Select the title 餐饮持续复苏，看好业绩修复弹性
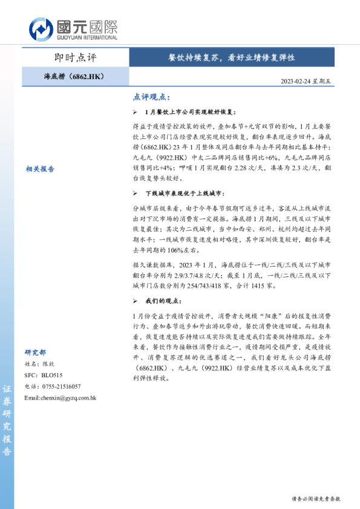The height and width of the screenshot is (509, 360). tap(232, 58)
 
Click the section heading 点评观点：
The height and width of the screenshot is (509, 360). tap(151, 97)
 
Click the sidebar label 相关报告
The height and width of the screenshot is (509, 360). tap(41, 169)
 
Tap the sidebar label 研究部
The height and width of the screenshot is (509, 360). tap(35, 352)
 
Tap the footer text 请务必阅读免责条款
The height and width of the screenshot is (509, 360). tap(316, 499)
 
